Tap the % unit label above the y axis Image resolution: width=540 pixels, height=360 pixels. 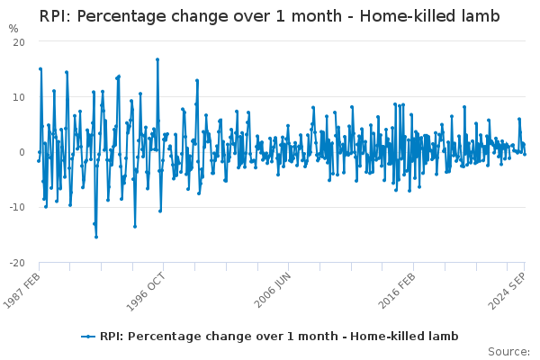click(x=13, y=29)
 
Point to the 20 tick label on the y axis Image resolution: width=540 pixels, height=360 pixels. click(x=19, y=42)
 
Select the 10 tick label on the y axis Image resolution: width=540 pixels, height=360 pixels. click(x=19, y=97)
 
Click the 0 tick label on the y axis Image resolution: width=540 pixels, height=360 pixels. click(x=22, y=152)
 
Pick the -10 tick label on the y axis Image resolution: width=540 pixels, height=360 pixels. click(x=17, y=207)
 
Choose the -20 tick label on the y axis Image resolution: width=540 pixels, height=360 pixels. click(x=17, y=263)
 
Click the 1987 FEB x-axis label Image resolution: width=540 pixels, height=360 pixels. click(x=22, y=291)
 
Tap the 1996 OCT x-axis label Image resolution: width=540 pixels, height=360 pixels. click(x=146, y=292)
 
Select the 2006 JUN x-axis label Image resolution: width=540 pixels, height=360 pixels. click(x=273, y=290)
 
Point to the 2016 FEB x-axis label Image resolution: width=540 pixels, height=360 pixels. click(x=397, y=291)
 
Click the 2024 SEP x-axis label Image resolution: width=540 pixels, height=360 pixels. click(x=507, y=291)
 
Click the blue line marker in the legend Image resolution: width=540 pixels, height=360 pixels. click(x=88, y=337)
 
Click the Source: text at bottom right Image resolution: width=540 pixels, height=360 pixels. click(x=508, y=352)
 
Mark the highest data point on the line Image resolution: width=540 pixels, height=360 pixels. click(x=157, y=59)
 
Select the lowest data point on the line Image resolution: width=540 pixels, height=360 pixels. click(x=96, y=237)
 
